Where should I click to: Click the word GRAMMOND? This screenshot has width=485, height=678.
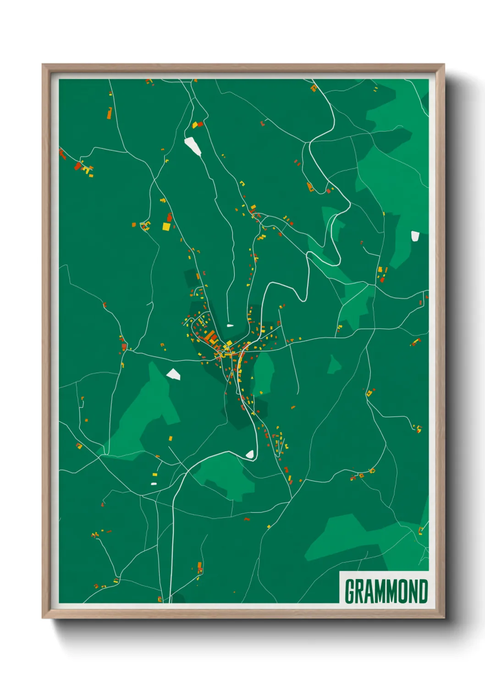pyautogui.click(x=386, y=591)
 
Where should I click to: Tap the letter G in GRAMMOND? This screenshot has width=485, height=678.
pyautogui.click(x=351, y=591)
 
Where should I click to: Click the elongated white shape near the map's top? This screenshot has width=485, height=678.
pyautogui.click(x=193, y=146)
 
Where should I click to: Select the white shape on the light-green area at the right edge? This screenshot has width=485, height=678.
pyautogui.click(x=415, y=236)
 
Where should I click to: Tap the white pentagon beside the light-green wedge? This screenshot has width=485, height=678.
pyautogui.click(x=173, y=374)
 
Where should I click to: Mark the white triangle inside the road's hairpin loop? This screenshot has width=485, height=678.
pyautogui.click(x=250, y=454)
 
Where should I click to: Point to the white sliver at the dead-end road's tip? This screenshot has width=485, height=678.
pyautogui.click(x=230, y=326)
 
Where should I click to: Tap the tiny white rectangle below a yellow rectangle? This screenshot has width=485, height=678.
pyautogui.click(x=154, y=483)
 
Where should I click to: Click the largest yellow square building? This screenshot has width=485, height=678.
pyautogui.click(x=166, y=226)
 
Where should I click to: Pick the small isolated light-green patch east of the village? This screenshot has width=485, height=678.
pyautogui.click(x=334, y=364)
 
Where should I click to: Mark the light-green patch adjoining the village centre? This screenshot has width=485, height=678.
pyautogui.click(x=264, y=373)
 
